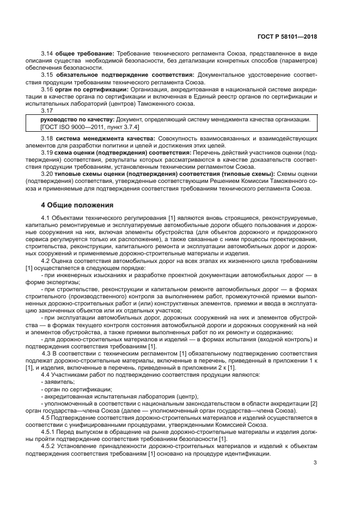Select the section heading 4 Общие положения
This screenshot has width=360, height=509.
pos(77,205)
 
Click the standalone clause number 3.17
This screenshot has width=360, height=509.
pos(47,109)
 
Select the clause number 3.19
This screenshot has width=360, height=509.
pos(47,153)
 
